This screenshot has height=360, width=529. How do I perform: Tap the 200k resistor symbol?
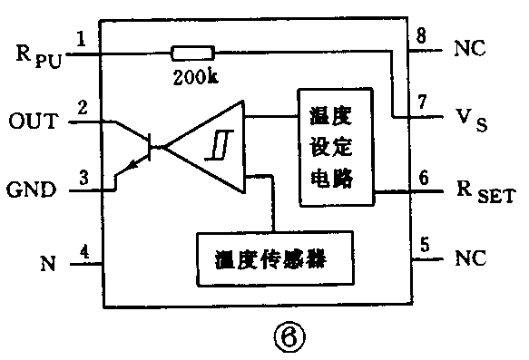click(x=193, y=54)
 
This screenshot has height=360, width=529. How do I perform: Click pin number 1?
click(x=83, y=39)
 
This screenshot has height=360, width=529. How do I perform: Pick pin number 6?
click(x=423, y=177)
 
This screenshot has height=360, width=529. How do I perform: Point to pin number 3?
click(x=83, y=177)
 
